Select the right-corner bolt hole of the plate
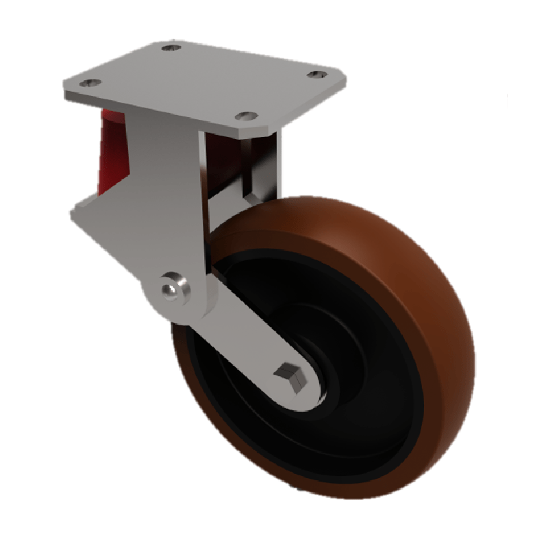316,74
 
